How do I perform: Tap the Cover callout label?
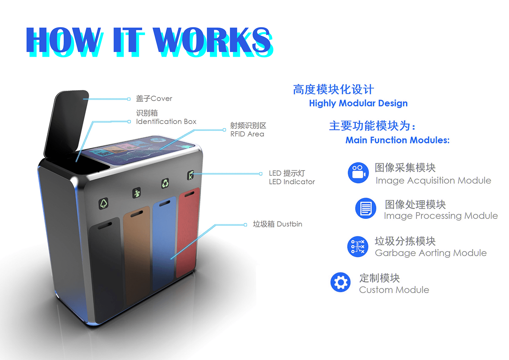pos(154,99)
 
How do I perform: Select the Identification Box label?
pos(166,117)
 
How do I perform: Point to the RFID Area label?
pos(248,130)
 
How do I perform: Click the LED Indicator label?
pos(292,177)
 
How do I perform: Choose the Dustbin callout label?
pos(277,224)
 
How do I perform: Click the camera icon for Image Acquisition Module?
pos(358,173)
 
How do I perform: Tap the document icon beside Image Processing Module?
pos(365,208)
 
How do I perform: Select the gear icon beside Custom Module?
pos(341,283)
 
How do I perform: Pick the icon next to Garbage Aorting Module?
pos(358,247)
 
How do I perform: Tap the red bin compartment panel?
pos(187,233)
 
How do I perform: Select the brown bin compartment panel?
pos(136,255)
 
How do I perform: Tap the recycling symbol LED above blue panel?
pos(165,183)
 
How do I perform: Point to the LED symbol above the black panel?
pos(104,204)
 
